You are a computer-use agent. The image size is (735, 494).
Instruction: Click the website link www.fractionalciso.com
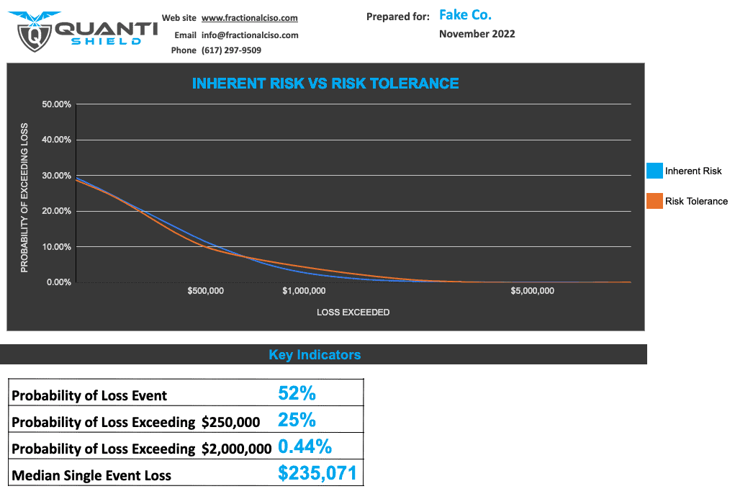pyautogui.click(x=249, y=18)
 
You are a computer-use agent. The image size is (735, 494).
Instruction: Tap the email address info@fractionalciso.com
pyautogui.click(x=250, y=35)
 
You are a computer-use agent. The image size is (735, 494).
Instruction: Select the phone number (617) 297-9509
pyautogui.click(x=231, y=50)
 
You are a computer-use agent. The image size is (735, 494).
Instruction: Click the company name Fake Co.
pyautogui.click(x=465, y=15)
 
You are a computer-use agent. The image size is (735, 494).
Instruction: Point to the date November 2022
pyautogui.click(x=477, y=34)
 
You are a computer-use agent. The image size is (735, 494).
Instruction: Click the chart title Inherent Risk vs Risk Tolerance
pyautogui.click(x=325, y=84)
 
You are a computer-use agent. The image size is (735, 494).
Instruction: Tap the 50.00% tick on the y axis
pyautogui.click(x=56, y=104)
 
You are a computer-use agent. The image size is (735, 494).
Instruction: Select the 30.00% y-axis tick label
pyautogui.click(x=56, y=176)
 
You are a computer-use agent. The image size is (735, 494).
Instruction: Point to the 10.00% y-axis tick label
pyautogui.click(x=56, y=247)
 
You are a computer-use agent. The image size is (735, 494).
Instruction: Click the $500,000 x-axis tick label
pyautogui.click(x=205, y=291)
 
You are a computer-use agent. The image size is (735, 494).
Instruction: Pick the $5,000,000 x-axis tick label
pyautogui.click(x=532, y=291)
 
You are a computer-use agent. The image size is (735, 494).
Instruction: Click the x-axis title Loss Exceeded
pyautogui.click(x=353, y=313)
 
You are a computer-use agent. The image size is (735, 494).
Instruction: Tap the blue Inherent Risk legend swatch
pyautogui.click(x=654, y=171)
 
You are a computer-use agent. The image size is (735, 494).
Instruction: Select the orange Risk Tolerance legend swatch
pyautogui.click(x=654, y=201)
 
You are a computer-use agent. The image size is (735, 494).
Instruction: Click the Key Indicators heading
pyautogui.click(x=315, y=355)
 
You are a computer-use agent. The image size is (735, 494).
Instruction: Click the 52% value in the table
pyautogui.click(x=297, y=393)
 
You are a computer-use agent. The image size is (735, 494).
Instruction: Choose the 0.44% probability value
pyautogui.click(x=305, y=446)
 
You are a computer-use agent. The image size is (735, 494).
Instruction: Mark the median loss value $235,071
pyautogui.click(x=317, y=473)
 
